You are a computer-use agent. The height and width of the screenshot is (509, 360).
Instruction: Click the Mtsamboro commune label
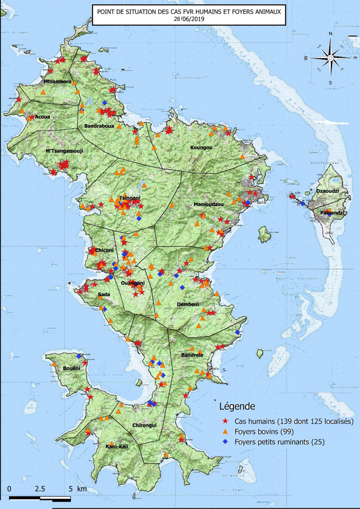[x=57, y=82]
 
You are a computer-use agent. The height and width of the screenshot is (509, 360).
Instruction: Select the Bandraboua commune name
[x=99, y=127]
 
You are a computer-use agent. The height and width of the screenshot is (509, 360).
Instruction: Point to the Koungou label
[x=202, y=147]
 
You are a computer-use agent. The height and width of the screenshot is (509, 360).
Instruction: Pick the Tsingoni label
[x=129, y=198]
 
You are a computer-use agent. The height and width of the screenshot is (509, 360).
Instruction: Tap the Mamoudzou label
[x=206, y=205]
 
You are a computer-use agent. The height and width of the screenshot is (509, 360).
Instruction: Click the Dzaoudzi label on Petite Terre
[x=327, y=191]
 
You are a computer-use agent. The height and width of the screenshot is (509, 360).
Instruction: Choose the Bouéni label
[x=72, y=368]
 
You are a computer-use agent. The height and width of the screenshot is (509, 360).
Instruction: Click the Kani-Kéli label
[x=117, y=446]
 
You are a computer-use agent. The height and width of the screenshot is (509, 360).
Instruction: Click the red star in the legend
[x=225, y=421]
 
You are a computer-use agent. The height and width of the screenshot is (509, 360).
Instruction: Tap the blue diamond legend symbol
[x=225, y=441]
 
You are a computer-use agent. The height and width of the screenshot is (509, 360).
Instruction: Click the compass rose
[x=330, y=58]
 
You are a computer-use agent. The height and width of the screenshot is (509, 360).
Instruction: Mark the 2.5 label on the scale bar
[x=40, y=489]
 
